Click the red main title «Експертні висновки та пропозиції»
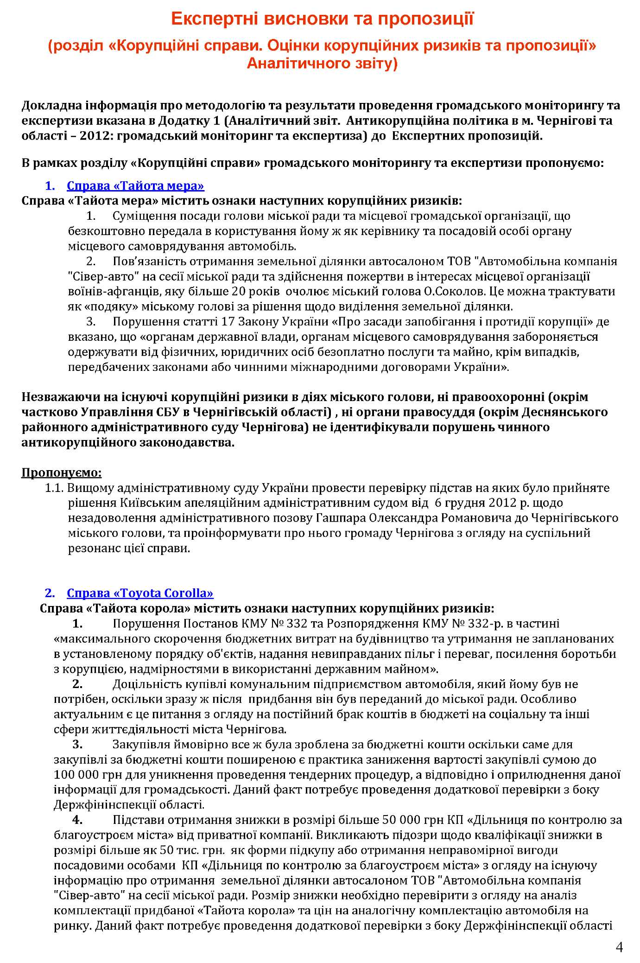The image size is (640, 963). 322,19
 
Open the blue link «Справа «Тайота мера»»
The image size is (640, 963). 135,186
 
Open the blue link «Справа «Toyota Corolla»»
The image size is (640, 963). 140,593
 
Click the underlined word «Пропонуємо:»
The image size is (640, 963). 62,473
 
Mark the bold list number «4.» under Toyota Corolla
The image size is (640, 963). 77,820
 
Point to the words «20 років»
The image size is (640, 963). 259,292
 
